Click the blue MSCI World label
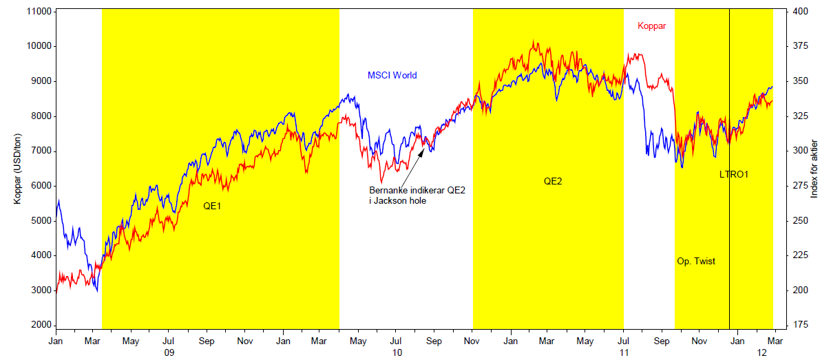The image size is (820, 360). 392,76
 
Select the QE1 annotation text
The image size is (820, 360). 212,206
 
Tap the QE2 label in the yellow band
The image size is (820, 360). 553,182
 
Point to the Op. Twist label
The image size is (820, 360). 697,262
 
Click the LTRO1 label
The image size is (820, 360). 734,175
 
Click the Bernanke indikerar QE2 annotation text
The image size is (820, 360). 417,195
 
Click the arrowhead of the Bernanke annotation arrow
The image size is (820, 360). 424,142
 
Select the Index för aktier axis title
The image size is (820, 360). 814,169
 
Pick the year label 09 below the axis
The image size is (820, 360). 168,352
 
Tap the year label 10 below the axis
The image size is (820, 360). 397,352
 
